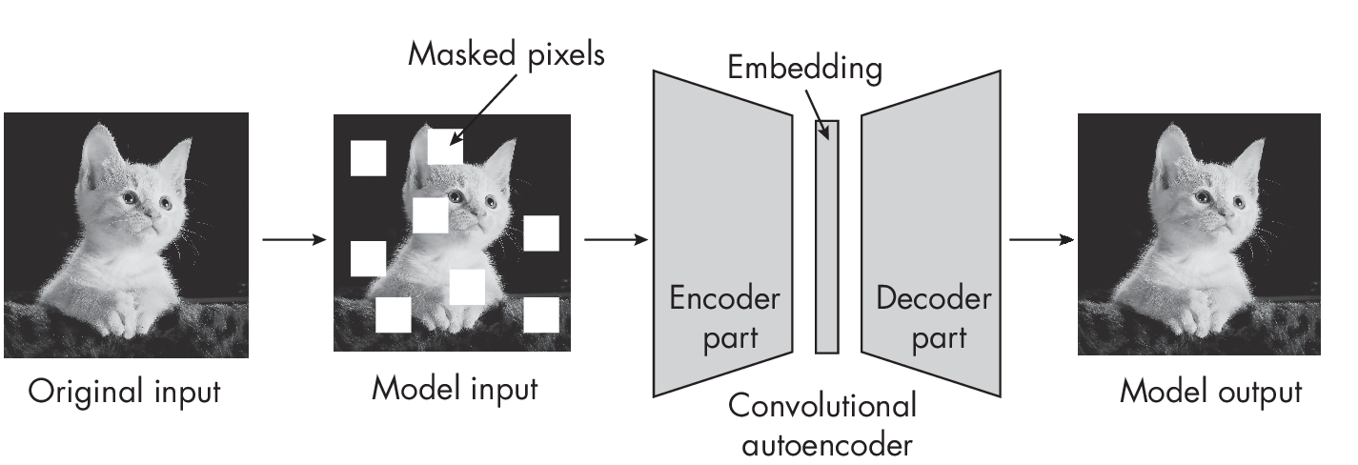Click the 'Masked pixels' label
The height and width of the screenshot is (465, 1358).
click(x=506, y=54)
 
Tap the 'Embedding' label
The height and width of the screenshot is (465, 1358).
click(x=804, y=69)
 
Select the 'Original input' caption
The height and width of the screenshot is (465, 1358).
click(x=124, y=392)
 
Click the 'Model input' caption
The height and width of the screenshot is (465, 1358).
click(x=455, y=389)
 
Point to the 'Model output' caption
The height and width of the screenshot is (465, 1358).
click(x=1210, y=392)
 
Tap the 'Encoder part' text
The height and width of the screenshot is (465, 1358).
click(x=725, y=317)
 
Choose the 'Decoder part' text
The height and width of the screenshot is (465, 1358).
click(x=933, y=317)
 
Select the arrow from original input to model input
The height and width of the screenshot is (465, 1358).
click(x=293, y=239)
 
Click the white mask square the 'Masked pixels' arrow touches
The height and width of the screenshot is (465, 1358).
click(x=445, y=145)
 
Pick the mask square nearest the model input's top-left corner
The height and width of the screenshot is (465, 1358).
click(x=368, y=158)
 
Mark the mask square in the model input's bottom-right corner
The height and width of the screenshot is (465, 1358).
click(x=540, y=314)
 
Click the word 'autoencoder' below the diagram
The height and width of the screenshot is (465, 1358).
click(x=822, y=444)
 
